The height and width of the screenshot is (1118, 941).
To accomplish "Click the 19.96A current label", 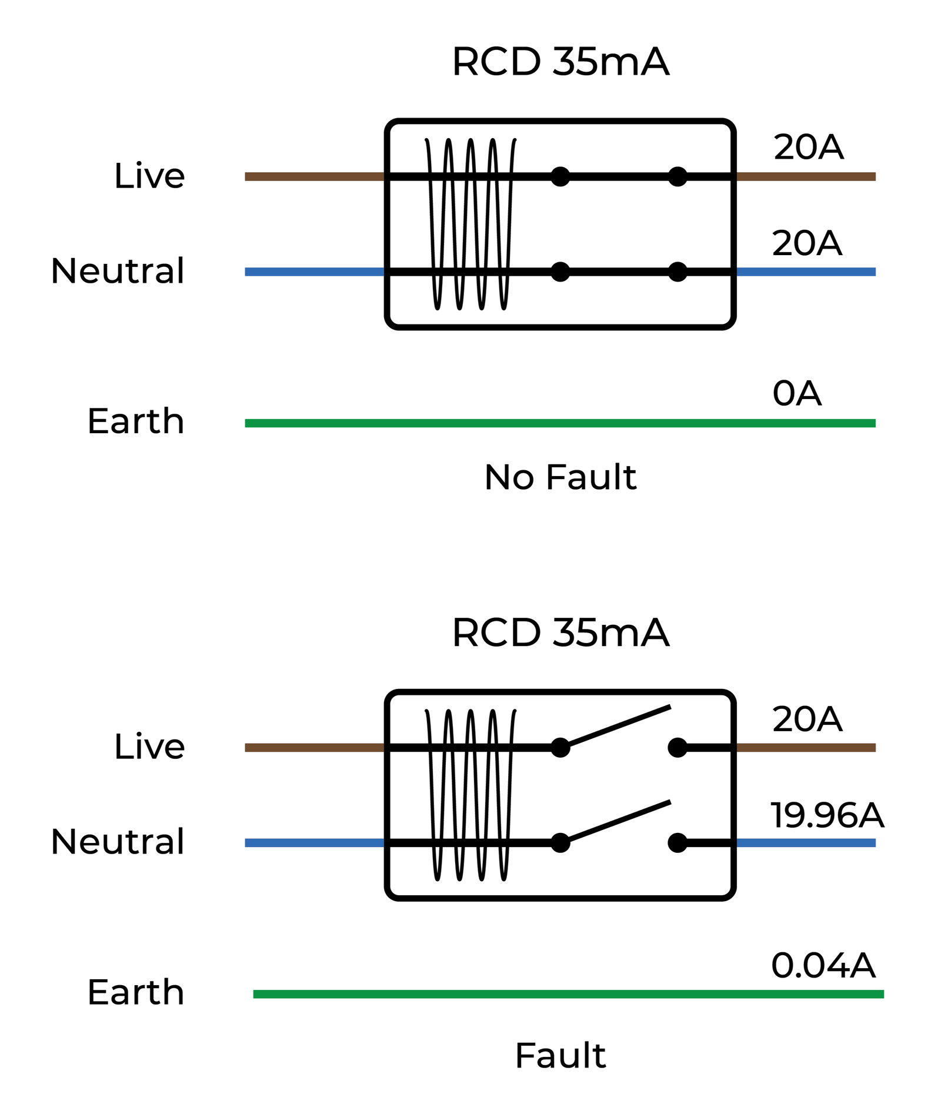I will (x=826, y=815).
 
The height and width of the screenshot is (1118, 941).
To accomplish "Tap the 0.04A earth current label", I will (x=823, y=965).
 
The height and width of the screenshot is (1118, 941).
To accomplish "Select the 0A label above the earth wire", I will (x=796, y=393).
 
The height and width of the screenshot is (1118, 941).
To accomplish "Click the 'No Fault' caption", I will (x=560, y=477).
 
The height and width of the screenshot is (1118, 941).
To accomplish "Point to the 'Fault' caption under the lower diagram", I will (x=560, y=1056).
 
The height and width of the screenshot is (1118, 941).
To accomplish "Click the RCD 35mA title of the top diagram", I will (x=560, y=62).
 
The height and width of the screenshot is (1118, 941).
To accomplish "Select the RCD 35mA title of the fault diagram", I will (x=560, y=633).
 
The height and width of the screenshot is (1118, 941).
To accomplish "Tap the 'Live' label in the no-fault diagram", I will (x=149, y=176).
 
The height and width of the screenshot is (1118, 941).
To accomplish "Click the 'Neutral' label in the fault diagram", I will (x=118, y=841).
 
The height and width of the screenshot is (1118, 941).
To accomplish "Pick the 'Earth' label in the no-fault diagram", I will (x=136, y=421).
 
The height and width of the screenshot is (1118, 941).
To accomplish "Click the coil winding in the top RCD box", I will (x=470, y=224).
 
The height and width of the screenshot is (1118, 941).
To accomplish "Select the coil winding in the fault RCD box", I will (x=470, y=795).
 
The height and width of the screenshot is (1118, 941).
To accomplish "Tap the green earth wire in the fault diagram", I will (x=568, y=994).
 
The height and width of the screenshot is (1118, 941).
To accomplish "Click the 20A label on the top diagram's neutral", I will (x=807, y=243).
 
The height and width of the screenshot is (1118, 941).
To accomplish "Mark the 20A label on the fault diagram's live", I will (x=807, y=719).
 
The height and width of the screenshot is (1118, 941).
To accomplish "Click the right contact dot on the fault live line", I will (x=678, y=748).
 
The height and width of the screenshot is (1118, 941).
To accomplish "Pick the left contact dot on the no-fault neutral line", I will (x=560, y=272).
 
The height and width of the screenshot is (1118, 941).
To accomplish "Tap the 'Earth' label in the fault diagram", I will (x=136, y=992).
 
